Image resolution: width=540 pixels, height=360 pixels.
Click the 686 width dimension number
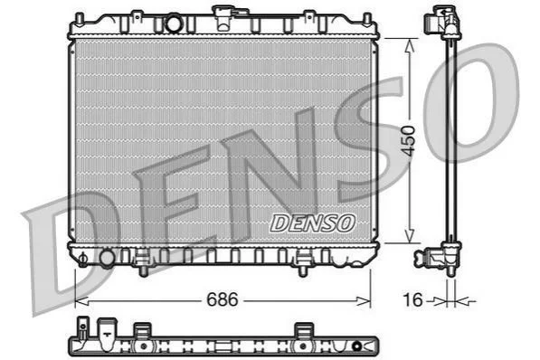pyautogui.click(x=223, y=299)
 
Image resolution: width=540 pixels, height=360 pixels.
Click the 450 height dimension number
pyautogui.click(x=409, y=141)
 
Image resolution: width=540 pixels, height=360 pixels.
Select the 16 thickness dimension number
pyautogui.click(x=412, y=299)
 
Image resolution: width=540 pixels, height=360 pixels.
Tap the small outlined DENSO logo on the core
pyautogui.click(x=312, y=223)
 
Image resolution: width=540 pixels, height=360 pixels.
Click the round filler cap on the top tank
pyautogui.click(x=174, y=23)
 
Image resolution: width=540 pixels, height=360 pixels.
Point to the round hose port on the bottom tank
pyautogui.click(x=107, y=259)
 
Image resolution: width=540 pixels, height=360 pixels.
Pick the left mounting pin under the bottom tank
pyautogui.click(x=143, y=271)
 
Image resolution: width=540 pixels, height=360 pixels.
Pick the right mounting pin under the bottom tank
pyautogui.click(x=302, y=271)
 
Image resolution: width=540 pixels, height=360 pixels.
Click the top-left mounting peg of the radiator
pyautogui.click(x=80, y=19)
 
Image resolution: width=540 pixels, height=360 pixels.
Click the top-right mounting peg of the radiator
pyautogui.click(x=367, y=19)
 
